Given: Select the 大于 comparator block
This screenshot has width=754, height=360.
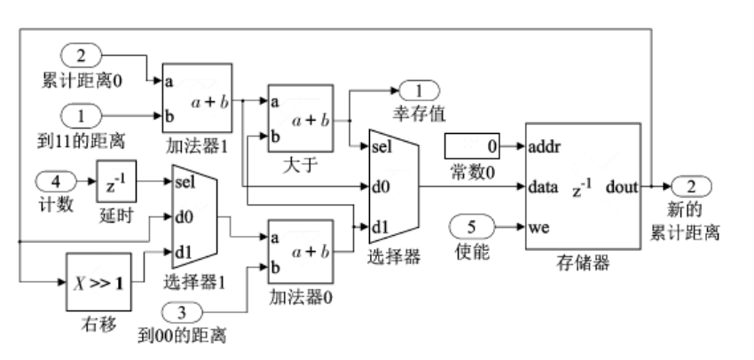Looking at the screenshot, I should click(x=300, y=118).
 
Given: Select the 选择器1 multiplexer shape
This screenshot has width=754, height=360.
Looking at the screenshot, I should click(x=193, y=217).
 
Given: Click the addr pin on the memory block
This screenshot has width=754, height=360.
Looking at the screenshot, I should click(x=545, y=144).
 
